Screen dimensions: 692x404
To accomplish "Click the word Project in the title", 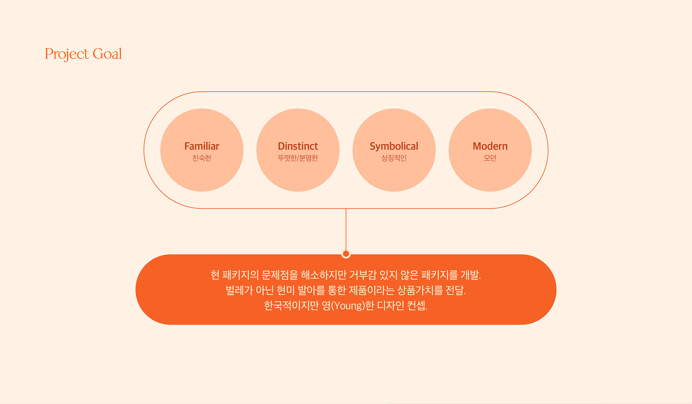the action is (67, 54).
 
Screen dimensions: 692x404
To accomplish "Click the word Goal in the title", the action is (107, 54).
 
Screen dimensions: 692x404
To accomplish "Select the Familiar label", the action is (201, 146).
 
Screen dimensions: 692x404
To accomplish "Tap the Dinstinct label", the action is (298, 146).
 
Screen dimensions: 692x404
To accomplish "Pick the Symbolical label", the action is (394, 146).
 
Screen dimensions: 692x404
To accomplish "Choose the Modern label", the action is (490, 146).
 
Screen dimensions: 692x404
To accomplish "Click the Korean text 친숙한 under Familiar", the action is (201, 158).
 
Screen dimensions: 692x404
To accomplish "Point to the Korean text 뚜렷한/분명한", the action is (298, 158).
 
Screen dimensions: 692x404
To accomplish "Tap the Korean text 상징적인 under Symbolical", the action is (394, 158).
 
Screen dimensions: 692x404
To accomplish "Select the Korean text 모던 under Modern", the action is (490, 158).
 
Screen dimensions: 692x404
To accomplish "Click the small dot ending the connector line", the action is (346, 253).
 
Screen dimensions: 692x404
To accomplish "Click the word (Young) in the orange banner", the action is (347, 306).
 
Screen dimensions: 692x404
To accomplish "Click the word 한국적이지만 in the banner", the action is (291, 306).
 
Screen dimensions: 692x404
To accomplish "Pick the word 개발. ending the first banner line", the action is (471, 275).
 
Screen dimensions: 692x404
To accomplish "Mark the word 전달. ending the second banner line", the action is (456, 290).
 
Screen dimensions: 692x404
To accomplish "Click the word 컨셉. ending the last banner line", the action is (417, 306).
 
